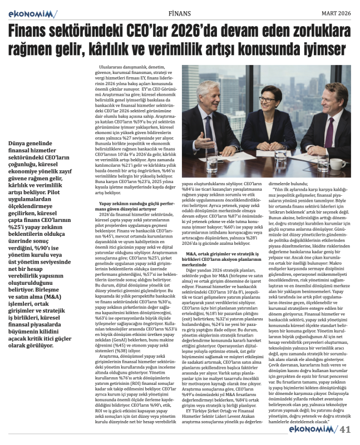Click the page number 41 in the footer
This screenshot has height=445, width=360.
tap(346, 428)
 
